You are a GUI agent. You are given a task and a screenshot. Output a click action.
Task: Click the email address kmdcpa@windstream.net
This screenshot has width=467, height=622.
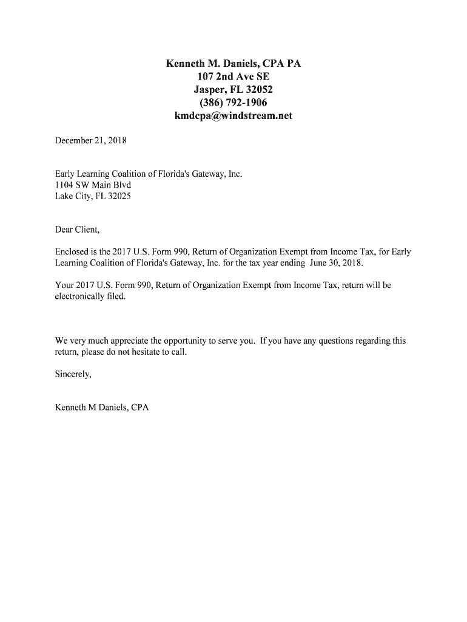click(233, 115)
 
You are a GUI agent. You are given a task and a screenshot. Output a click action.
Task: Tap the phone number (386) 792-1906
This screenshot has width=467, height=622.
click(233, 103)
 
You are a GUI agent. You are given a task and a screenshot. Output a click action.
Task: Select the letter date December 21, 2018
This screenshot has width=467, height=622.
click(91, 141)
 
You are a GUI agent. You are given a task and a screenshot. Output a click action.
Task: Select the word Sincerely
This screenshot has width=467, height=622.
click(73, 374)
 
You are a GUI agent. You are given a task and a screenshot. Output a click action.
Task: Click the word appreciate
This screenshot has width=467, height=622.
click(124, 341)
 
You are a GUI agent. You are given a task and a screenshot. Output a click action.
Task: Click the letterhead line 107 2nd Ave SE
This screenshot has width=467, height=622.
click(233, 77)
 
